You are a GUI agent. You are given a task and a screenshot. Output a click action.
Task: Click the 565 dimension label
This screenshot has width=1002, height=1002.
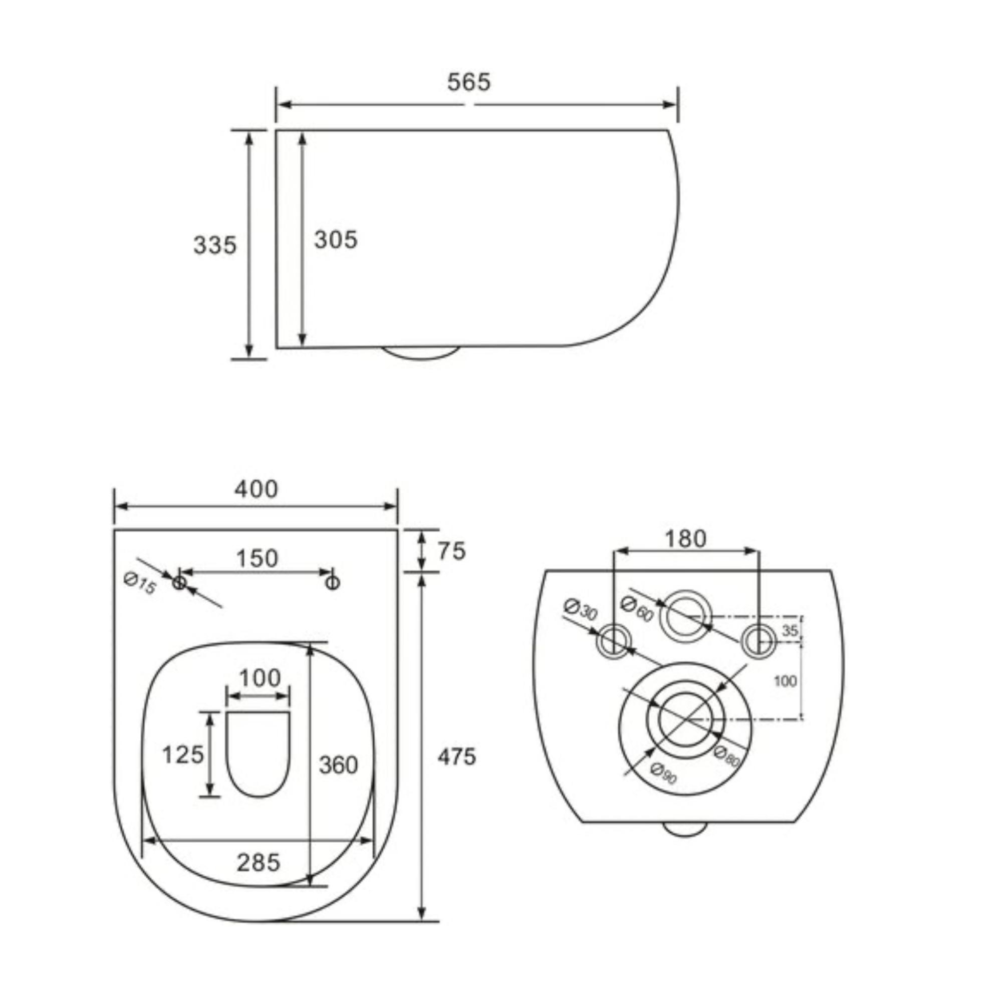468,82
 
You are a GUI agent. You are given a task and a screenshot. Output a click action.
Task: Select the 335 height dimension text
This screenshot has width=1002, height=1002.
215,245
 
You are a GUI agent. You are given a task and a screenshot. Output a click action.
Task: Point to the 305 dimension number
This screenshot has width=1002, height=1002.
336,239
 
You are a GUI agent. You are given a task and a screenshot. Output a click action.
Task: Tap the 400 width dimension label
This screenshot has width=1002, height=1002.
256,489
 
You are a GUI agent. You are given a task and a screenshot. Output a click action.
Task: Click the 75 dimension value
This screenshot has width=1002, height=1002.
452,551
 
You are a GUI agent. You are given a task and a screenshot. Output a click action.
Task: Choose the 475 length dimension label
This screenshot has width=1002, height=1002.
456,757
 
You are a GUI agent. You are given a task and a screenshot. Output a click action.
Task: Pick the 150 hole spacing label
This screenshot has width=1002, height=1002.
257,559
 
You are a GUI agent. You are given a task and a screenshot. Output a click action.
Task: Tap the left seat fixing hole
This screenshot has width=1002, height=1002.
179,583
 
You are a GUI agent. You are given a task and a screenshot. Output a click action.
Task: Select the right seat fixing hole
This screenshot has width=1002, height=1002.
333,583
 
